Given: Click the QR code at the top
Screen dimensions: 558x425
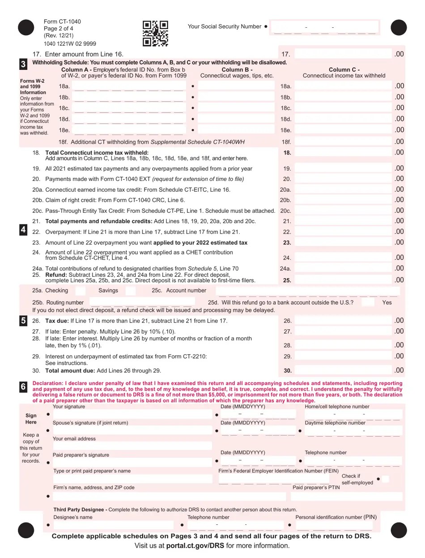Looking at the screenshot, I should (x=155, y=34).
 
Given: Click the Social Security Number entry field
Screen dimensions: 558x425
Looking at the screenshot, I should (x=324, y=28).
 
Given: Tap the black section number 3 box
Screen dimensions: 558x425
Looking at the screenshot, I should (x=23, y=64).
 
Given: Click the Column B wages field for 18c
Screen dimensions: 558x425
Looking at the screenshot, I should (x=236, y=108).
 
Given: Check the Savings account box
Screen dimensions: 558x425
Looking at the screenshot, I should (x=130, y=291).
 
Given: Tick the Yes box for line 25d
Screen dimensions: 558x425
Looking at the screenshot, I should (x=368, y=302).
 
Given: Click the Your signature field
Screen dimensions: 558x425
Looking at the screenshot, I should (x=132, y=414).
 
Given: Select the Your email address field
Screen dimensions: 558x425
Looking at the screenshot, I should (x=132, y=446).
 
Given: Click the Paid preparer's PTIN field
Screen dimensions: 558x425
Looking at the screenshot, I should (x=347, y=496).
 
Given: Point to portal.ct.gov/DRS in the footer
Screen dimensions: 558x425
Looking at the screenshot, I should (x=195, y=546).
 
